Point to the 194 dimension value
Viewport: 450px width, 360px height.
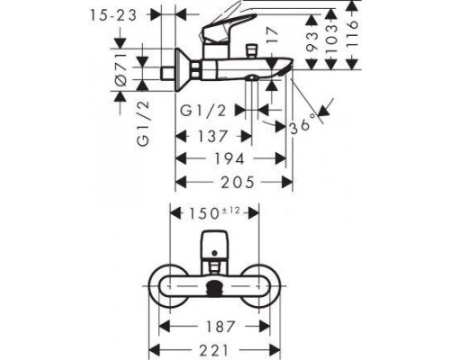(228, 158)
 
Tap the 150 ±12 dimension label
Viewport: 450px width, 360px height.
(216, 212)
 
